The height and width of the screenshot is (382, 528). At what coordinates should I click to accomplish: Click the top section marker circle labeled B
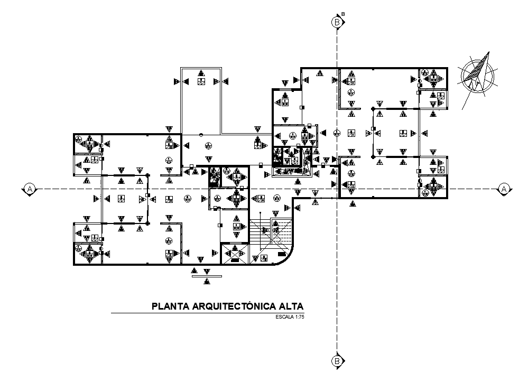point(336,22)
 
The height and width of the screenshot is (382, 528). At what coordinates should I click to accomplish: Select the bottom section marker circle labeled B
point(336,361)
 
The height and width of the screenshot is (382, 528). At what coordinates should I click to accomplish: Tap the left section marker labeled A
point(30,189)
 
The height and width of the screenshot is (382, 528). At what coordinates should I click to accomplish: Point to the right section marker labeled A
point(504,189)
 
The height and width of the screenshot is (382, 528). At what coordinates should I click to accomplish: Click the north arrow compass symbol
point(478,76)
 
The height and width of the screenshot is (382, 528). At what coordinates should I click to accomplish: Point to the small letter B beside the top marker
point(343,14)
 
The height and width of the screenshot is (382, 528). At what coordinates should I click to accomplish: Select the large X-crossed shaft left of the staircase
point(233,254)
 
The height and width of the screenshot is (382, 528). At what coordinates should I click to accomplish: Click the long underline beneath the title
point(206,313)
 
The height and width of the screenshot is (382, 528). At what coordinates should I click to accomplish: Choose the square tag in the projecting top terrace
point(201,82)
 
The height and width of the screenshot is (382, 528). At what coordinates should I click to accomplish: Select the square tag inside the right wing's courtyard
point(403,134)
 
